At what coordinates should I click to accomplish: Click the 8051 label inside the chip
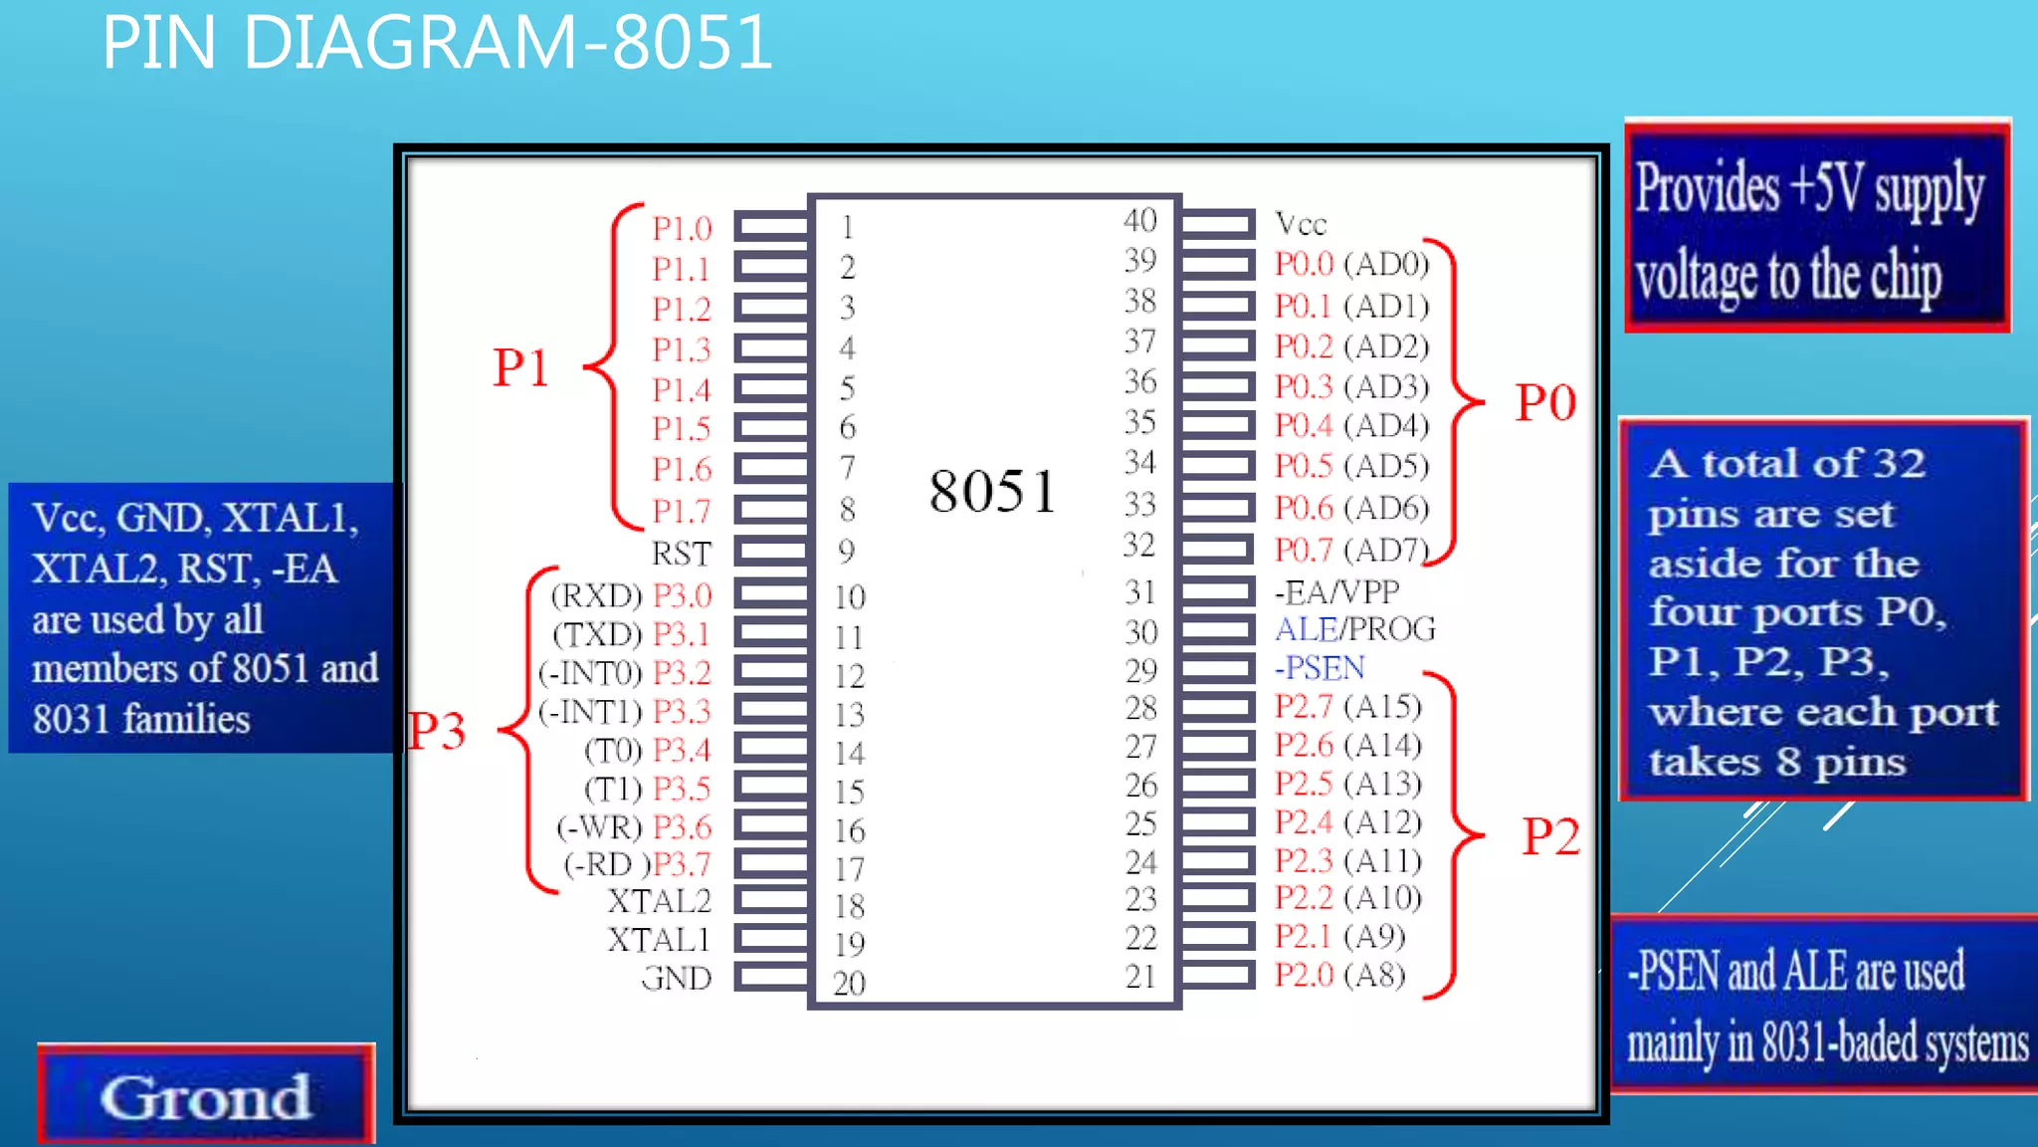(x=992, y=491)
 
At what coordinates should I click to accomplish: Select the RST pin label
(x=682, y=553)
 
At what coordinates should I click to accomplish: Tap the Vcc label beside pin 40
(x=1301, y=224)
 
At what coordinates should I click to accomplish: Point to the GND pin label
(x=677, y=978)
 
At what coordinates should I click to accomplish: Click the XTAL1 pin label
(x=660, y=939)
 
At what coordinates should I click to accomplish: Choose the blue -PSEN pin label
(x=1320, y=667)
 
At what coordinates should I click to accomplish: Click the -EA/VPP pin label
(x=1336, y=592)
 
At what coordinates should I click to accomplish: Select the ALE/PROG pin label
(x=1355, y=629)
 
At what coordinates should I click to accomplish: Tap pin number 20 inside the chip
(x=849, y=983)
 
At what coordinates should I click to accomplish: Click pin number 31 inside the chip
(x=1140, y=592)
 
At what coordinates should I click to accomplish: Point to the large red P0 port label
(x=1545, y=403)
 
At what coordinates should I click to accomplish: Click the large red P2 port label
(x=1550, y=836)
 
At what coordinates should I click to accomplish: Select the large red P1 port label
(x=520, y=367)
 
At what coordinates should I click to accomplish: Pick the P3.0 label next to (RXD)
(x=683, y=595)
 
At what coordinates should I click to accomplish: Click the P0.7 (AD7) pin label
(x=1350, y=549)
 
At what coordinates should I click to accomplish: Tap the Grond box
(x=206, y=1096)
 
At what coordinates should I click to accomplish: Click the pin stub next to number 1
(x=771, y=226)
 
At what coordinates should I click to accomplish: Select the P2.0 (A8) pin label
(x=1339, y=975)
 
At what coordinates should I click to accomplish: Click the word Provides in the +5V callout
(x=1708, y=188)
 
